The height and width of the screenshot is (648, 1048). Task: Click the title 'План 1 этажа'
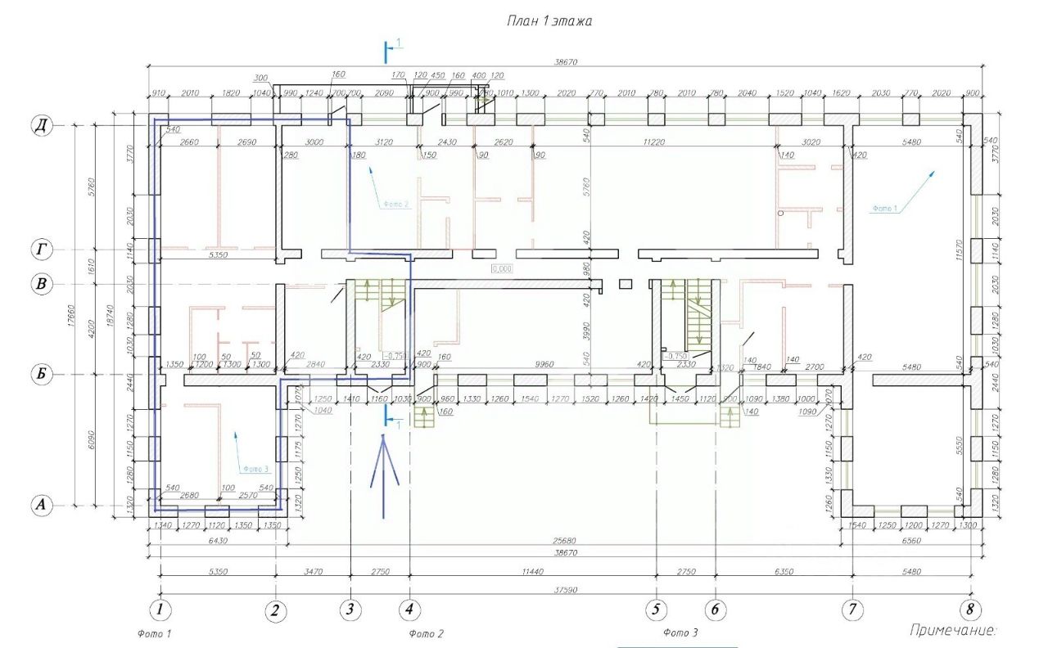coord(549,22)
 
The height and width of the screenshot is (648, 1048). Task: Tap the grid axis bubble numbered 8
coord(970,610)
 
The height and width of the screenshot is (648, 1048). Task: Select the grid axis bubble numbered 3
coord(350,610)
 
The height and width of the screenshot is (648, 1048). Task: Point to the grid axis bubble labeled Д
coord(39,125)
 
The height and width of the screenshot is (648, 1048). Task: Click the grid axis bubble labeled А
coord(39,505)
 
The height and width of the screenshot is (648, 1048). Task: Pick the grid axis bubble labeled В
coord(39,284)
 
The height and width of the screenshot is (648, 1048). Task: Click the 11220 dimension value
coord(653,142)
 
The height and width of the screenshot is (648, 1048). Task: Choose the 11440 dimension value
coord(533,572)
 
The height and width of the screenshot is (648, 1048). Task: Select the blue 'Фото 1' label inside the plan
coord(885,209)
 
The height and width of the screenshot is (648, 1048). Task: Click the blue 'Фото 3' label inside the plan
coord(255,469)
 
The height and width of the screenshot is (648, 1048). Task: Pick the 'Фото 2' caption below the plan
coord(426,633)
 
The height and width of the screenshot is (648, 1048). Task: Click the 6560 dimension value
coord(909,542)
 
